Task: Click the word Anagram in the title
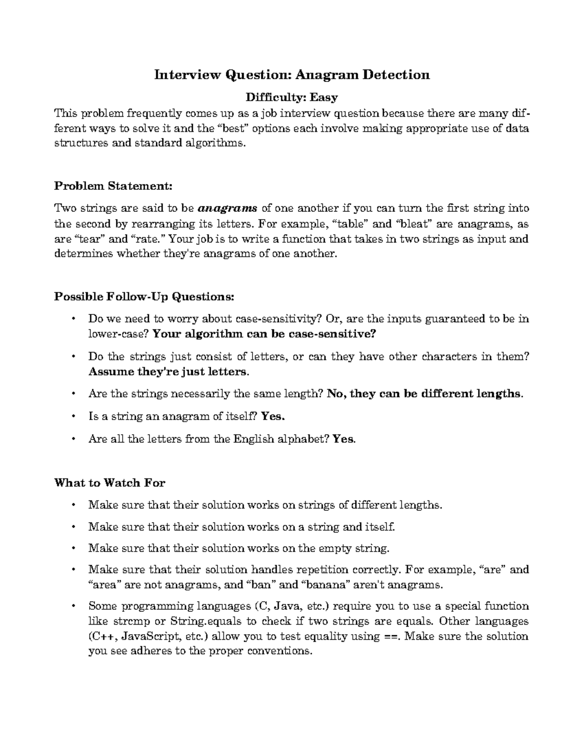pos(325,74)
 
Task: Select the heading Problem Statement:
pos(113,186)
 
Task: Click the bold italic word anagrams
pos(228,209)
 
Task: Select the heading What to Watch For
pos(109,483)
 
